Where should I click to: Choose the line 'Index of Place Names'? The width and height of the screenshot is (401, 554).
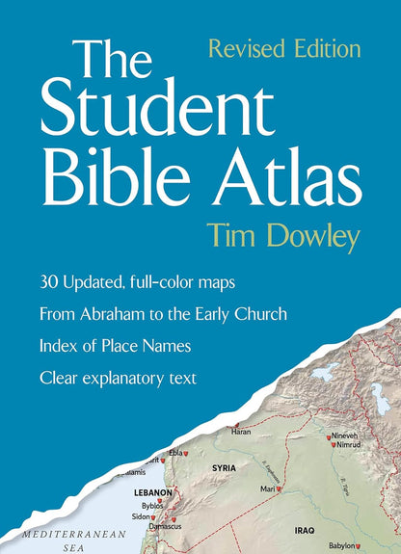tap(115, 346)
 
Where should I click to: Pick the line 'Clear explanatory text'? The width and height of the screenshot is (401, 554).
tap(118, 378)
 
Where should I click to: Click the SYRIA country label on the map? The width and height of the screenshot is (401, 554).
tap(225, 467)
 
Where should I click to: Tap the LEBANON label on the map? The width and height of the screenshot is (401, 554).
tap(151, 491)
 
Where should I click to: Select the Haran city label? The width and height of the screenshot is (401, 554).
tap(241, 432)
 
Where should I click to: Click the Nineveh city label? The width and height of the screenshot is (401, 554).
tap(345, 436)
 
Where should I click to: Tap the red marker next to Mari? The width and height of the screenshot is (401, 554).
tap(278, 489)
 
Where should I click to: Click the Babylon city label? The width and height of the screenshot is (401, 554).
tap(341, 545)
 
